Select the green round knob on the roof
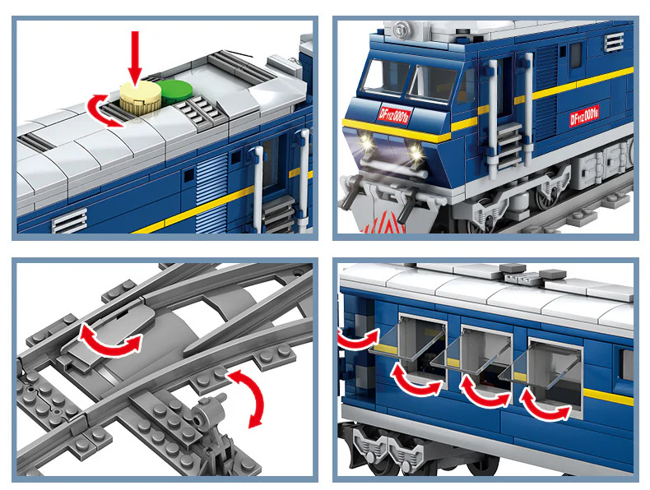click(x=174, y=90)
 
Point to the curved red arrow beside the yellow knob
click(x=105, y=109)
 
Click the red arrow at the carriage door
click(x=356, y=339)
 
